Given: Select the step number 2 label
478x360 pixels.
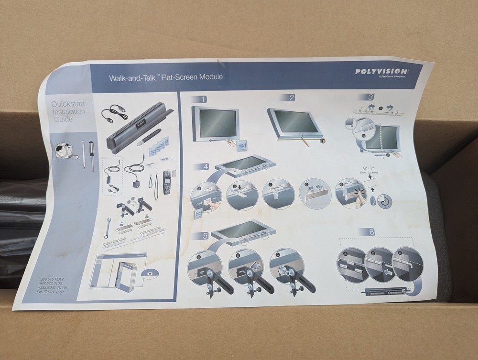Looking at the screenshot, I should [x=291, y=98].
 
